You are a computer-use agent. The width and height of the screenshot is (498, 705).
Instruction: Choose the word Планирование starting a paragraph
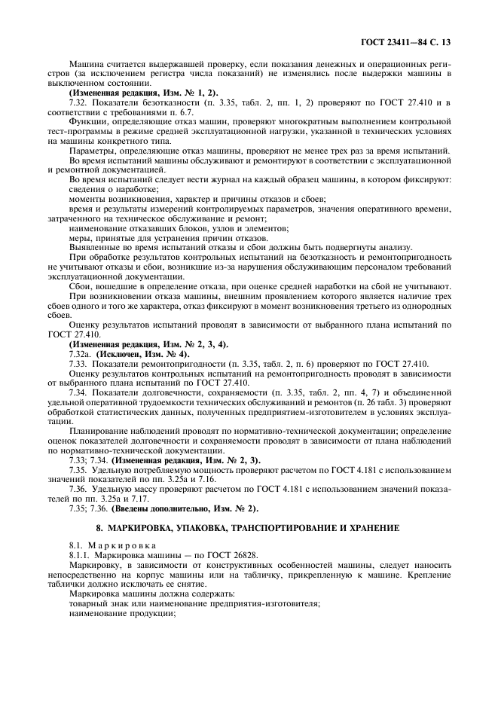point(98,431)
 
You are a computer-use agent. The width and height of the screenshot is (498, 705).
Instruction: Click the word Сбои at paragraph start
point(81,285)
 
